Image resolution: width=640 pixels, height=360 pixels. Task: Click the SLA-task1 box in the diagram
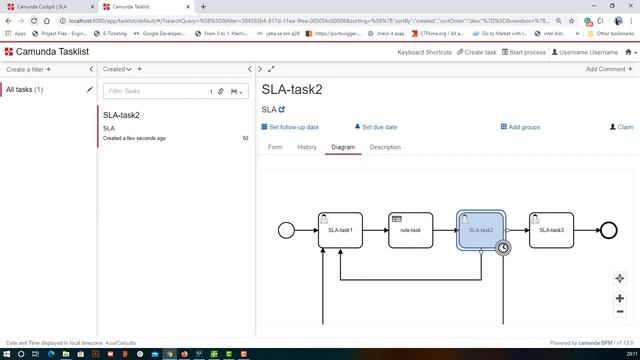[x=339, y=230]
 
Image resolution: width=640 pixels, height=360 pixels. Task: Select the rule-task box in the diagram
[x=410, y=230]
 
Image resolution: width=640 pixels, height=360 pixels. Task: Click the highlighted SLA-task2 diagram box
[x=480, y=229]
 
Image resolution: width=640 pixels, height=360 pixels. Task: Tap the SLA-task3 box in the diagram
[x=551, y=230]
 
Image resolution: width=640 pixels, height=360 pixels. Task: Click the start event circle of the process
[x=286, y=230]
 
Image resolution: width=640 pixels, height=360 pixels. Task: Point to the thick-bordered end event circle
[x=609, y=230]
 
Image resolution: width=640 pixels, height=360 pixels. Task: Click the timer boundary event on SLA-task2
[x=504, y=248]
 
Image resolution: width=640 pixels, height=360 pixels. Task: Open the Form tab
[x=275, y=147]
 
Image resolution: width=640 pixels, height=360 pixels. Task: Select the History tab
[x=307, y=147]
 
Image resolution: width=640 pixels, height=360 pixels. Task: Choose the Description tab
[x=385, y=147]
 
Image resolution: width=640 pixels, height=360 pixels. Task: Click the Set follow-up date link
[x=290, y=127]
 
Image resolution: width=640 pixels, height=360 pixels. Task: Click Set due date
[x=377, y=127]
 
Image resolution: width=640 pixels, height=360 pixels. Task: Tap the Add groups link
[x=521, y=127]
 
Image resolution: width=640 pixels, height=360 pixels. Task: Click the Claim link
[x=622, y=127]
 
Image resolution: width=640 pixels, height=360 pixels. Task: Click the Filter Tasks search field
[x=155, y=91]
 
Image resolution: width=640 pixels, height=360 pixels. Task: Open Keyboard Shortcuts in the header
[x=424, y=52]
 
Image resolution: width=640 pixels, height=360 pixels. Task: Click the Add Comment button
[x=608, y=69]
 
